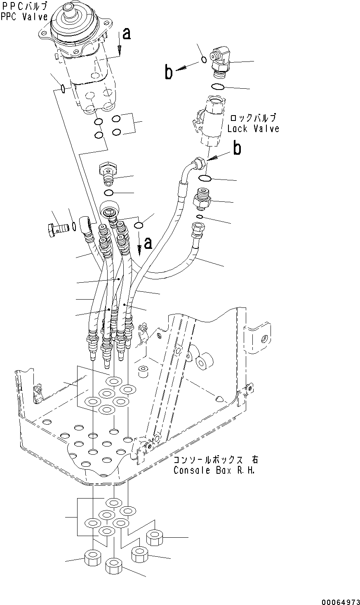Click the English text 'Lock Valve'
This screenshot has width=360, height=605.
point(253,129)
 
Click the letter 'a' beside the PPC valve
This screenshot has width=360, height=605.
point(127,34)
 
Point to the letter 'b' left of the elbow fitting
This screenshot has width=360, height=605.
point(168,73)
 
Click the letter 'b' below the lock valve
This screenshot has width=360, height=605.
point(237,149)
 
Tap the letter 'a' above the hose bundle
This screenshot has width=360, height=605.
point(147,243)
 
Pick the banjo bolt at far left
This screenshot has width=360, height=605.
point(59,227)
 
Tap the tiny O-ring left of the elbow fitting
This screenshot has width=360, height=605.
point(204,60)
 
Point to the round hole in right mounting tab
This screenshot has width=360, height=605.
point(263,339)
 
